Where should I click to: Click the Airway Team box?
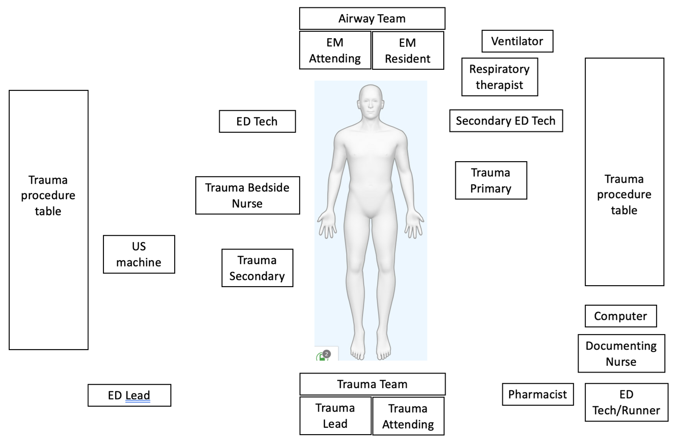(372, 19)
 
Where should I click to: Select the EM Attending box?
(335, 50)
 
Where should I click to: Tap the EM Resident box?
(408, 50)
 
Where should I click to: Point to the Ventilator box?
(517, 41)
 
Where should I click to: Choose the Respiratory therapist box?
(499, 77)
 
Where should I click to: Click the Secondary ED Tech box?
(506, 121)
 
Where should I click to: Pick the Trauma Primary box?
(491, 180)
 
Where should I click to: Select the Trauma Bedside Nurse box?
(247, 195)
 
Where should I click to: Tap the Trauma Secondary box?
(257, 268)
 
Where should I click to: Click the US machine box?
(139, 254)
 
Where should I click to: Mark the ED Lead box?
(129, 395)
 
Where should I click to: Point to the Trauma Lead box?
(335, 416)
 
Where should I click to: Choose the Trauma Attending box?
(408, 416)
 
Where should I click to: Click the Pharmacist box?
(537, 394)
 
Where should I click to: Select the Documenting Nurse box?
(621, 354)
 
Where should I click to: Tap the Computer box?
(620, 316)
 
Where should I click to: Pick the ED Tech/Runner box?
(626, 402)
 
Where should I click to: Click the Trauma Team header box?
(372, 384)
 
